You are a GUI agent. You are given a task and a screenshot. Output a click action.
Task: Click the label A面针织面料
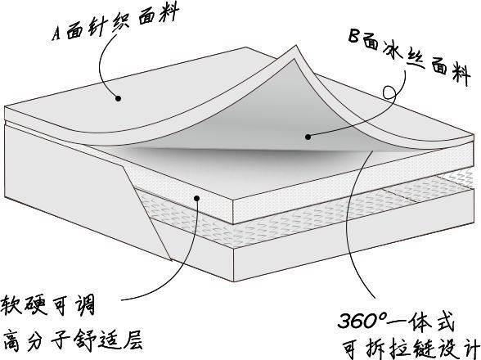click(x=115, y=23)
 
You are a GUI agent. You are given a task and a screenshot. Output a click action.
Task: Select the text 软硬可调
click(x=47, y=305)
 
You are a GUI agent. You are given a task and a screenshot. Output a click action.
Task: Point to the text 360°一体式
click(x=396, y=321)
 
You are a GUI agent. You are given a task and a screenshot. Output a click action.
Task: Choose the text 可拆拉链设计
click(x=411, y=349)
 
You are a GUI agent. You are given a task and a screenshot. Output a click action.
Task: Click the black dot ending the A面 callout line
click(x=119, y=98)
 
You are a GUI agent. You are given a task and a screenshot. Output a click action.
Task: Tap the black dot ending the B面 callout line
click(x=308, y=137)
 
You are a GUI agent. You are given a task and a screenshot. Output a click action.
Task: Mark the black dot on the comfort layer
click(x=197, y=198)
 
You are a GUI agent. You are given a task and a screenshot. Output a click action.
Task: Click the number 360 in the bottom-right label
click(x=357, y=321)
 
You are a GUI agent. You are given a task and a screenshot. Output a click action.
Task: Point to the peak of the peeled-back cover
click(x=295, y=47)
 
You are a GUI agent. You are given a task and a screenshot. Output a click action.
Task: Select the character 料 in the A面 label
click(x=168, y=14)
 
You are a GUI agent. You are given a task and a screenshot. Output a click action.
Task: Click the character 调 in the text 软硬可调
click(x=84, y=305)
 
